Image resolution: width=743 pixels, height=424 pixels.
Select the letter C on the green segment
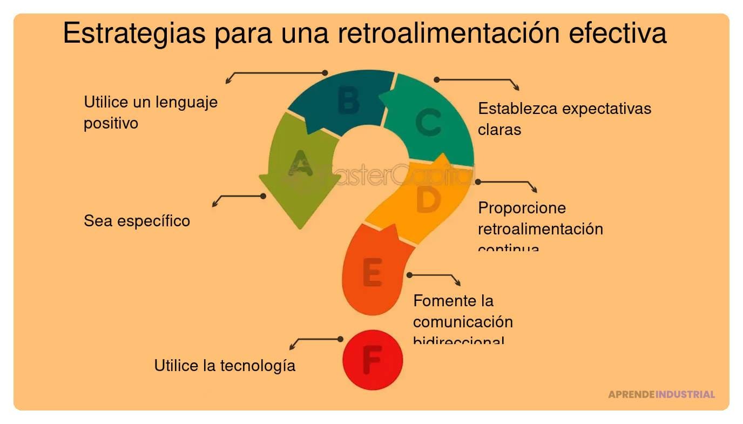tap(428, 122)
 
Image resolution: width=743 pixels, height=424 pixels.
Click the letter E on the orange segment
tap(373, 272)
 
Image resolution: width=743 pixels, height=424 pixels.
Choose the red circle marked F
tap(373, 359)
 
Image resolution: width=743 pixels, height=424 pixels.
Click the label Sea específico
tap(137, 221)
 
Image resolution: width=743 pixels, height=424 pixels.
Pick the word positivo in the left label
tap(111, 123)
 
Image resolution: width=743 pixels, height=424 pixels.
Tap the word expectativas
tap(607, 109)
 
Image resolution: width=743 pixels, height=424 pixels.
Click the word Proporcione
tap(514, 208)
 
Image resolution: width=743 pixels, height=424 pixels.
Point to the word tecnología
tap(258, 366)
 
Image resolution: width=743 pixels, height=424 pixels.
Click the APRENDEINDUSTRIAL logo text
tap(661, 394)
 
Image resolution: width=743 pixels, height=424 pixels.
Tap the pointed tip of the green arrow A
tap(300, 227)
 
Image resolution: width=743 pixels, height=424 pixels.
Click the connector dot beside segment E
tap(409, 275)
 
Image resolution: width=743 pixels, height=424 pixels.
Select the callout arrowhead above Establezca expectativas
tap(516, 88)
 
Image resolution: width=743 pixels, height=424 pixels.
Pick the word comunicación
tap(463, 322)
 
